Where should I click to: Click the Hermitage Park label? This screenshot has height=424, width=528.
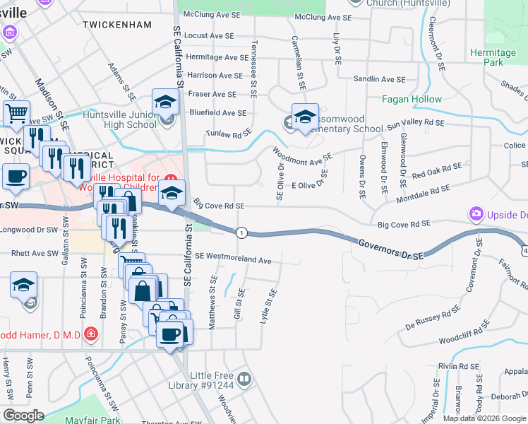coord(493,57)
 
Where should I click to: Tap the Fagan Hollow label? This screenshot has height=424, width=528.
coord(412,100)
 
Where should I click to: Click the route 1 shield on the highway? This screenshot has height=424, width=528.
coord(242,232)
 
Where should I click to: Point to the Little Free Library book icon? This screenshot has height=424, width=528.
coord(244,379)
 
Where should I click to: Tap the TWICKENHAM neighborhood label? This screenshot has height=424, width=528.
coord(116,25)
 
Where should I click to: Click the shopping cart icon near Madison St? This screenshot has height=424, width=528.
coord(16,112)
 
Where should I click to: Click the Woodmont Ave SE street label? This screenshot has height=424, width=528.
coord(303,157)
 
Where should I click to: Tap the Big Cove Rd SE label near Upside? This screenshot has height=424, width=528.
coord(404,224)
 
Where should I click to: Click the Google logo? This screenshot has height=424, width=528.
coord(23,416)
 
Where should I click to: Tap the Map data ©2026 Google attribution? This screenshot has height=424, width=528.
coord(484,418)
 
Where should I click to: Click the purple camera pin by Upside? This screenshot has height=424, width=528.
coord(476,213)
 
